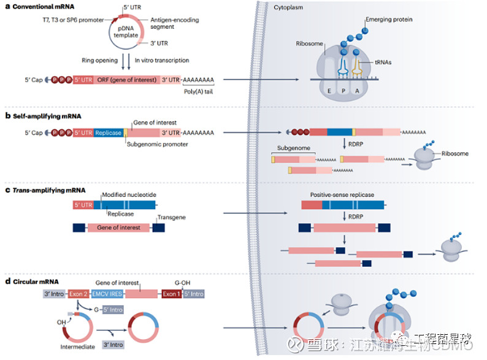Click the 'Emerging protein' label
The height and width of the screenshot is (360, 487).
click(x=389, y=20)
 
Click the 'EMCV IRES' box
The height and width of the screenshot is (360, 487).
click(x=108, y=294)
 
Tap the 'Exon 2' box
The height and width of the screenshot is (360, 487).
click(x=79, y=294)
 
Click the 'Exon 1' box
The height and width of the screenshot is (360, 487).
click(x=172, y=294)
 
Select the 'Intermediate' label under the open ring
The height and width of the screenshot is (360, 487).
click(x=78, y=347)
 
